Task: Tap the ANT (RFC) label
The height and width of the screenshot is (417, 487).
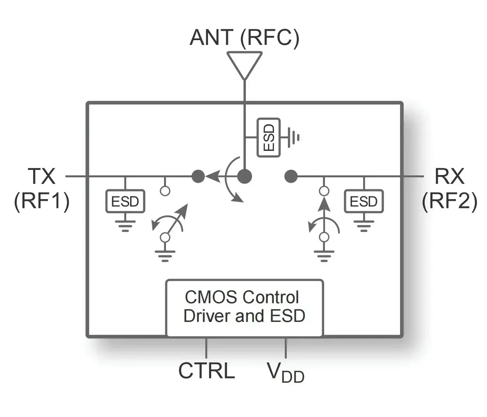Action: pyautogui.click(x=244, y=38)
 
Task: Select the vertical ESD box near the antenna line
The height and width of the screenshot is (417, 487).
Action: pyautogui.click(x=268, y=138)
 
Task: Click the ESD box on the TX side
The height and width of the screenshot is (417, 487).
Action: pyautogui.click(x=125, y=201)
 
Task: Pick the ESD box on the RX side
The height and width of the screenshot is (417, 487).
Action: pyautogui.click(x=364, y=201)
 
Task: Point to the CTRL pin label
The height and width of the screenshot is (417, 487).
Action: pyautogui.click(x=206, y=371)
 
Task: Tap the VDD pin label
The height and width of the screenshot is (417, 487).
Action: pyautogui.click(x=285, y=373)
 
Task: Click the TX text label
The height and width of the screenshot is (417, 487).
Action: pyautogui.click(x=41, y=176)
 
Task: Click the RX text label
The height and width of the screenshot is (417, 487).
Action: pyautogui.click(x=449, y=176)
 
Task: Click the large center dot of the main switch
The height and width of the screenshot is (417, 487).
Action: pyautogui.click(x=244, y=176)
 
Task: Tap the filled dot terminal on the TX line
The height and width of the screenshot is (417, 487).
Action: pyautogui.click(x=198, y=176)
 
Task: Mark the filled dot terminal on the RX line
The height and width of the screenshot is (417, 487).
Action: pyautogui.click(x=291, y=176)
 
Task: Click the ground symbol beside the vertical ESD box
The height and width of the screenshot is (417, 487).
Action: pyautogui.click(x=293, y=138)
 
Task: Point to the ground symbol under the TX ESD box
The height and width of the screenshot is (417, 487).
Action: pyautogui.click(x=125, y=226)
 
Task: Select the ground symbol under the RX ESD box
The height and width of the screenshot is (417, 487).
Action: pyautogui.click(x=364, y=226)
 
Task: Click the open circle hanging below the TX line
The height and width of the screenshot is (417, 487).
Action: pyautogui.click(x=165, y=191)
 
